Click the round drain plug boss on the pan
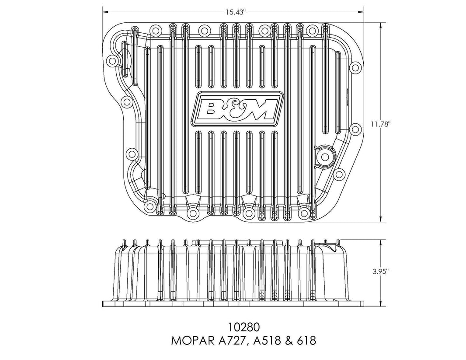[x=325, y=155]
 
